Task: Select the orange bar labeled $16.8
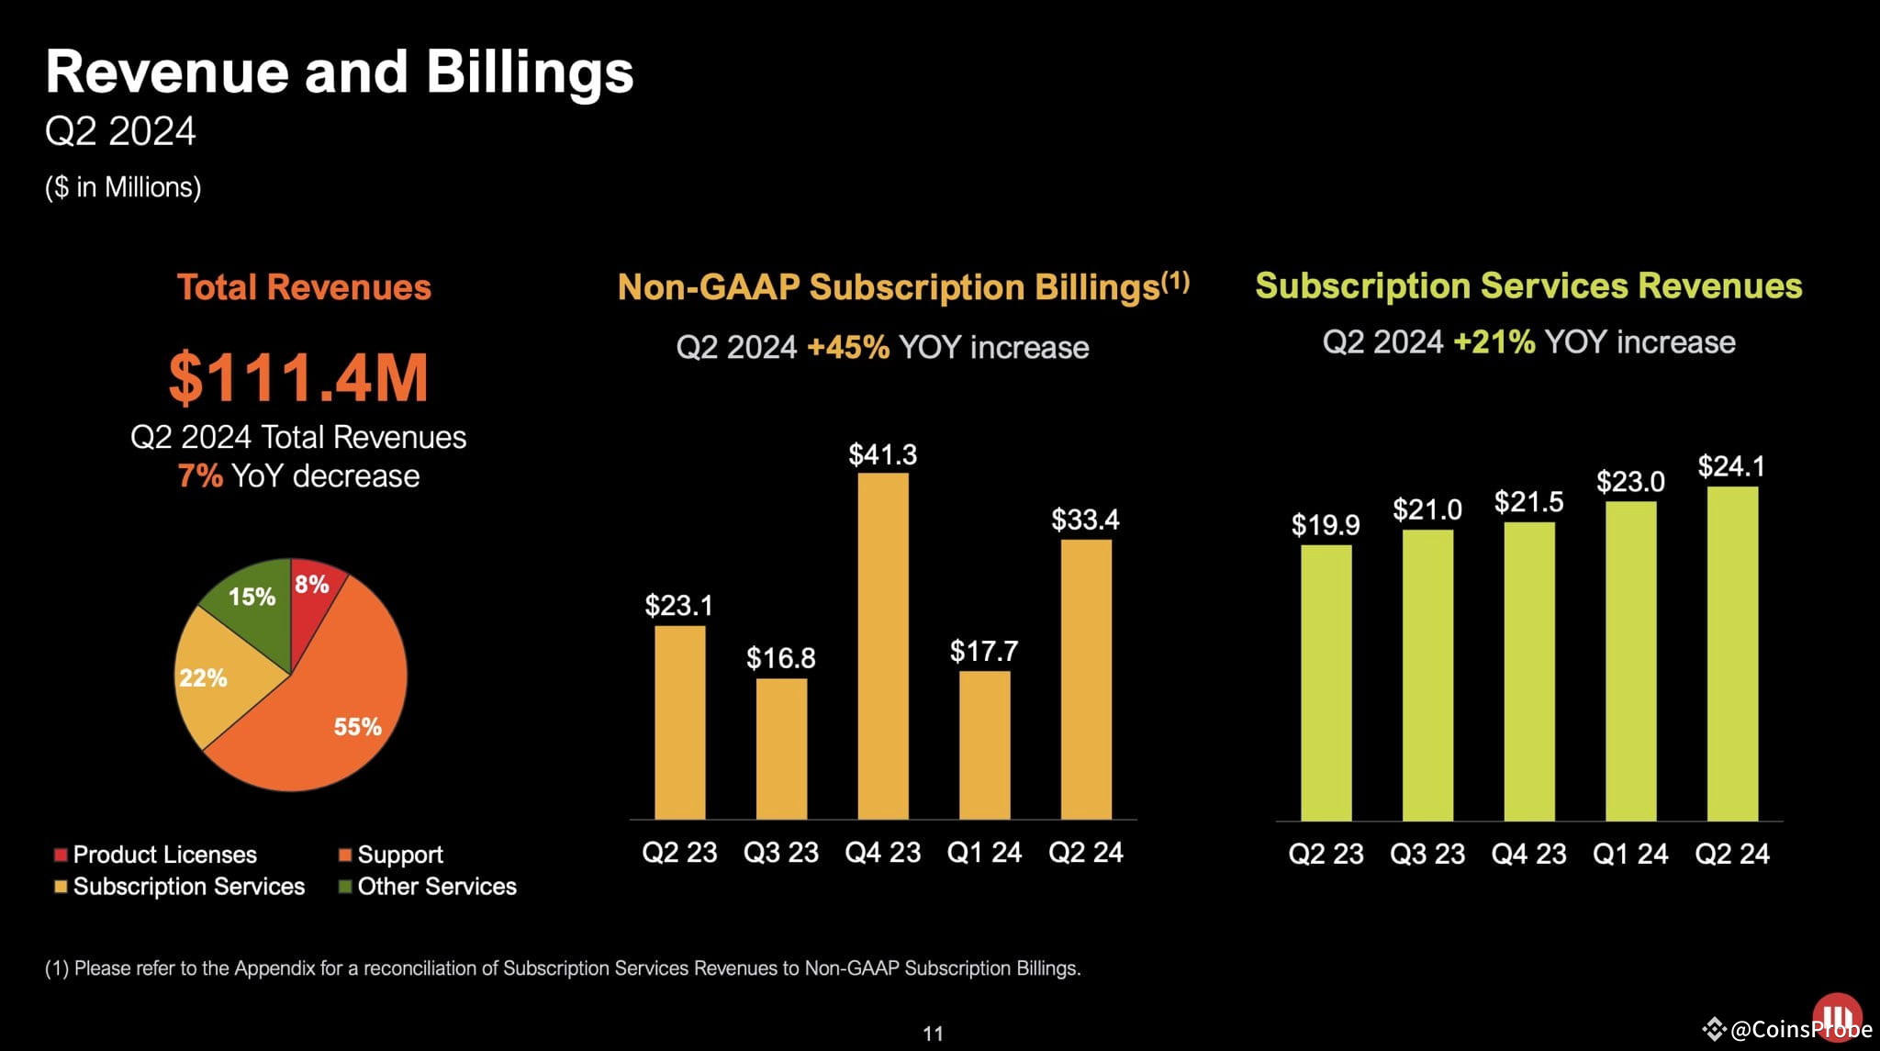click(x=781, y=748)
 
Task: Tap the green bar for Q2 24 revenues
click(x=1731, y=653)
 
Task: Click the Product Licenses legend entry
click(x=156, y=855)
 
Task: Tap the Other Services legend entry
click(x=428, y=887)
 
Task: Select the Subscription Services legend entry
click(x=180, y=887)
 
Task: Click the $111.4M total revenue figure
click(x=298, y=377)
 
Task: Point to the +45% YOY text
click(x=847, y=348)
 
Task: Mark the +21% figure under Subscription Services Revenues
click(x=1494, y=342)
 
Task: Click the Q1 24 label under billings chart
click(x=984, y=853)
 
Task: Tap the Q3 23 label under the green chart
click(x=1427, y=855)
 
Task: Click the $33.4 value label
click(x=1085, y=520)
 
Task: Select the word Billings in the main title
click(x=530, y=73)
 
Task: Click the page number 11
click(x=933, y=1034)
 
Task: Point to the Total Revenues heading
click(x=304, y=287)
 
